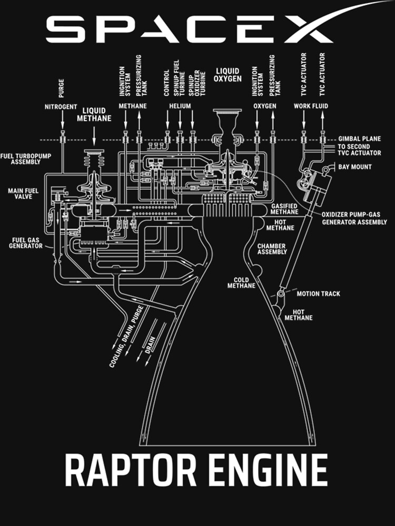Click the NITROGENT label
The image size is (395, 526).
coord(61,107)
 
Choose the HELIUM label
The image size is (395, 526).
coord(180,107)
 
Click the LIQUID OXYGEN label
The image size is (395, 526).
coord(227,75)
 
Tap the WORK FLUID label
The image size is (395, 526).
coord(311,107)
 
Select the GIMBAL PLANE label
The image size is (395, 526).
coord(360,139)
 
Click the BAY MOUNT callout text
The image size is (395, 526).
coord(354,167)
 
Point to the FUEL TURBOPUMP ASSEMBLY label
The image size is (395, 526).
coord(22,159)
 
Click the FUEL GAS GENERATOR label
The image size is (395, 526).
coord(26,242)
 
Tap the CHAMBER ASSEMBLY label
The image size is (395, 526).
coord(272,249)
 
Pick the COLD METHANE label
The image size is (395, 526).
coord(241,283)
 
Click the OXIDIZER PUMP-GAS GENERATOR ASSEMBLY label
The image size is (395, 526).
coord(354,219)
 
